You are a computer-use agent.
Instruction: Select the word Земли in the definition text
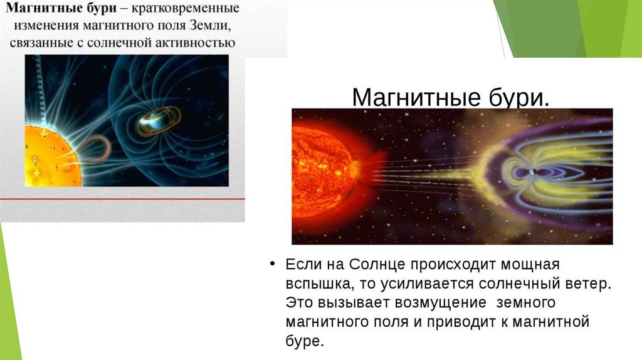pos(210,25)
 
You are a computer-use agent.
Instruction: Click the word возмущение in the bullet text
pos(440,303)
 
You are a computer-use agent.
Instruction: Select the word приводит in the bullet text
pos(465,322)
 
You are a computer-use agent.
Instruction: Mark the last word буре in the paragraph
pos(305,341)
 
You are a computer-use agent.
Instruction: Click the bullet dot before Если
pos(272,264)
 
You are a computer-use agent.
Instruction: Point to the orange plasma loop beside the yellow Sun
pos(95,148)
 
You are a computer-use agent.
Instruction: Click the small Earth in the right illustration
pos(533,172)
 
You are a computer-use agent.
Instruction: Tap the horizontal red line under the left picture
pos(122,199)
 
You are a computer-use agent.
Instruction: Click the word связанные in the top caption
pos(41,43)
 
